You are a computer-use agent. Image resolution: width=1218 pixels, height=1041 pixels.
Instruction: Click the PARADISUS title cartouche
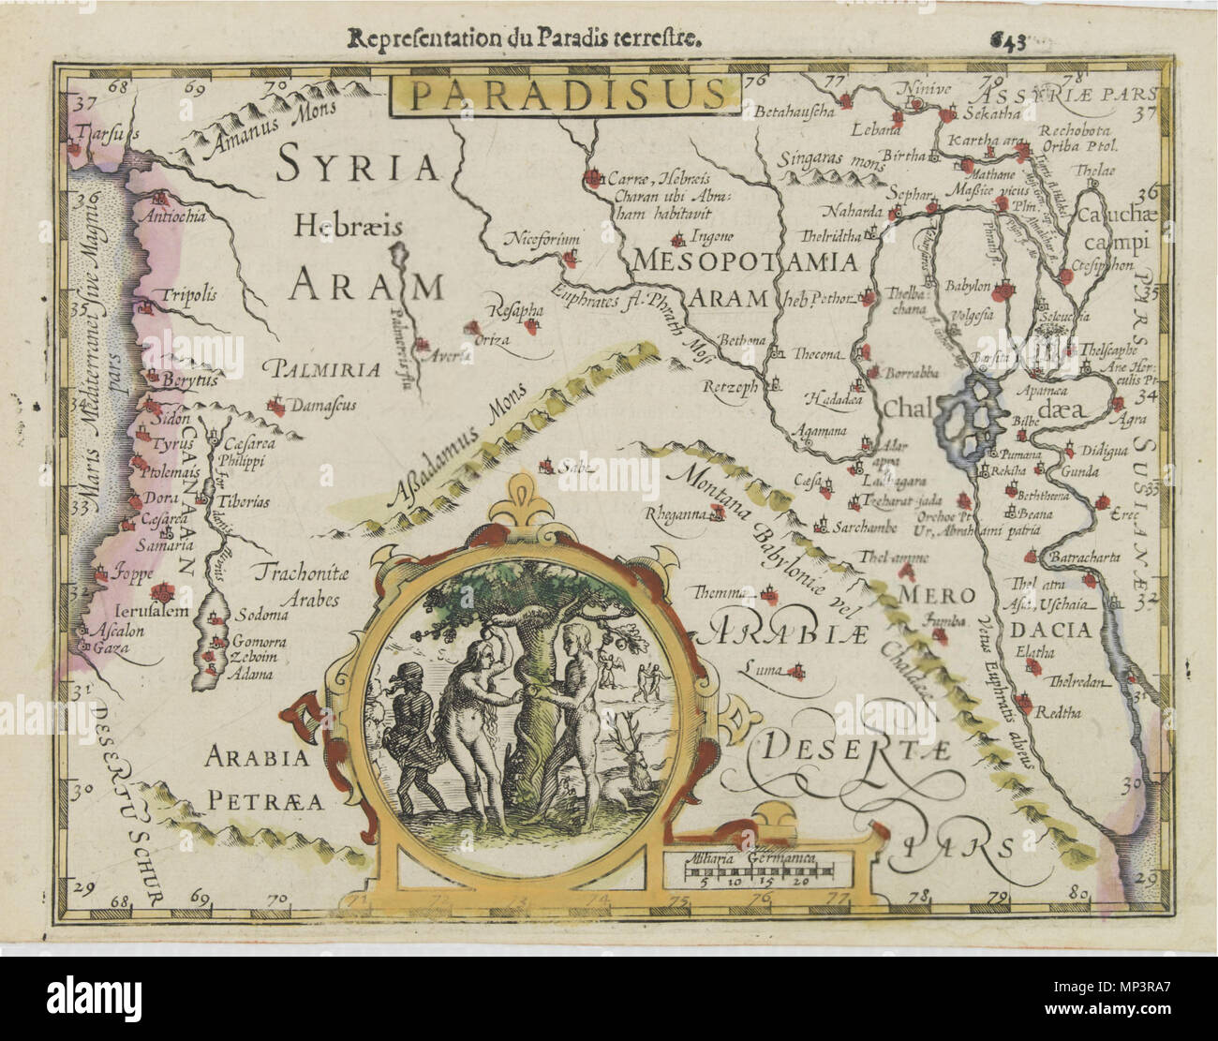coord(567,94)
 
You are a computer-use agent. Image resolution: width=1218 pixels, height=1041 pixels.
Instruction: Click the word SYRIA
coord(358,169)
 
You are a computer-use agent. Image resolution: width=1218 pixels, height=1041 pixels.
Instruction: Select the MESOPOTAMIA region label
coord(746,261)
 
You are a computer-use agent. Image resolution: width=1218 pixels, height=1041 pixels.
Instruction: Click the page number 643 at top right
coord(1008,40)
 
